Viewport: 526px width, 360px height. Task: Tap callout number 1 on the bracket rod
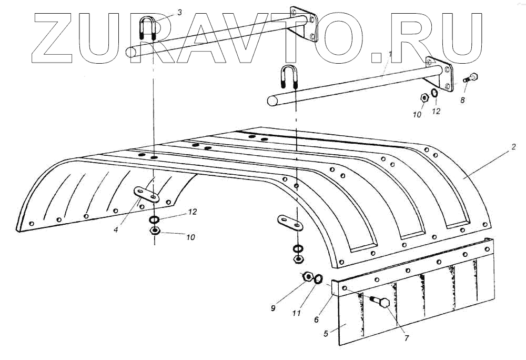click(390, 54)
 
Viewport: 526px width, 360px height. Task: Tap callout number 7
click(406, 337)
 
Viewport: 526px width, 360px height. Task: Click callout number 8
click(462, 99)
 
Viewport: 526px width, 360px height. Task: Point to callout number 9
click(273, 308)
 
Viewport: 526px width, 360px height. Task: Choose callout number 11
click(297, 313)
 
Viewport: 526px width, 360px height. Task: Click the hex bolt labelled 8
click(470, 78)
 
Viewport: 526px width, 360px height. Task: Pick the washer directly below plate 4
click(154, 219)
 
